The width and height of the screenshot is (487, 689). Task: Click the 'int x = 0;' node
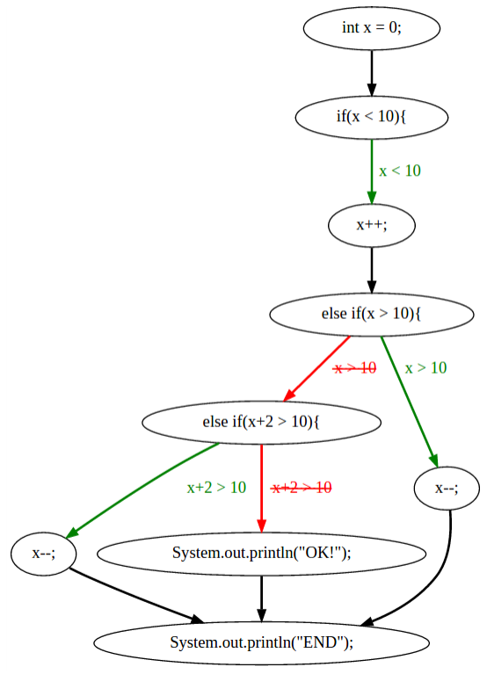tap(371, 28)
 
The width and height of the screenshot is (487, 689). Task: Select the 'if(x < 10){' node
tap(371, 118)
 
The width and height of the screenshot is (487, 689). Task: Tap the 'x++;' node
tap(371, 225)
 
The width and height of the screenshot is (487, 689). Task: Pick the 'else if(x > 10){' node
tap(371, 315)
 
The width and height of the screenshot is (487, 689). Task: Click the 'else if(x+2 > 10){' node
tap(261, 422)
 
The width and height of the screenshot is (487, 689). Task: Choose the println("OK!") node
tap(261, 554)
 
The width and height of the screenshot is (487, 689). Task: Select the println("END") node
tap(261, 643)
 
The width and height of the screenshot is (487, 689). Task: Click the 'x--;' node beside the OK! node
tap(44, 554)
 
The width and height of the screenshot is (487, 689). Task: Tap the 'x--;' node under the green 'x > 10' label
tap(447, 489)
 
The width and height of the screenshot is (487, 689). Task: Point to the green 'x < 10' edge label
tap(400, 170)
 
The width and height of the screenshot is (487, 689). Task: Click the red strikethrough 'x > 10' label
tap(355, 367)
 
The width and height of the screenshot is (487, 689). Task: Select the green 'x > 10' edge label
tap(425, 367)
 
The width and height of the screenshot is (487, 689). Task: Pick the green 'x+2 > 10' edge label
tap(216, 488)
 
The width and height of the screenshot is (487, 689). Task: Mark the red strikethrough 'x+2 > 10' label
tap(302, 488)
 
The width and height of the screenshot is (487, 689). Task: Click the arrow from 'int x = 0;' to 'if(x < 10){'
tap(371, 73)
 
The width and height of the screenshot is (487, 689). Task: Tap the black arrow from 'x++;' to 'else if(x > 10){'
tap(371, 271)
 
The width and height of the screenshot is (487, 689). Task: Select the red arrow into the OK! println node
tap(261, 489)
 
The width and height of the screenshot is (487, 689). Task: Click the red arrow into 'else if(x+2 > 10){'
tap(316, 369)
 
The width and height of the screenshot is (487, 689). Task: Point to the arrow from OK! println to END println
tap(261, 598)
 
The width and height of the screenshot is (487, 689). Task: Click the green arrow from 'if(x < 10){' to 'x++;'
tap(371, 172)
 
